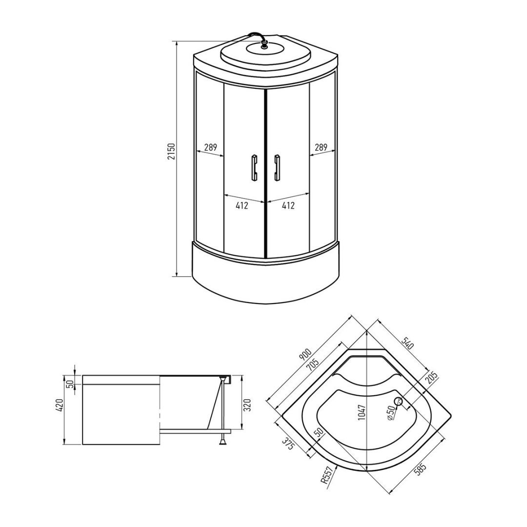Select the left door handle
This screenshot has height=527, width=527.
pos(254,167)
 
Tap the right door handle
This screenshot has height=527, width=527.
pos(277,167)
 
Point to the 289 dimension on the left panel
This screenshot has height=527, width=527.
pos(210,147)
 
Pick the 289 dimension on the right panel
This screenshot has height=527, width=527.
pos(321,147)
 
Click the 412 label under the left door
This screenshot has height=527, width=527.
pos(242,205)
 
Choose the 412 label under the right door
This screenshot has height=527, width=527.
pos(288,205)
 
